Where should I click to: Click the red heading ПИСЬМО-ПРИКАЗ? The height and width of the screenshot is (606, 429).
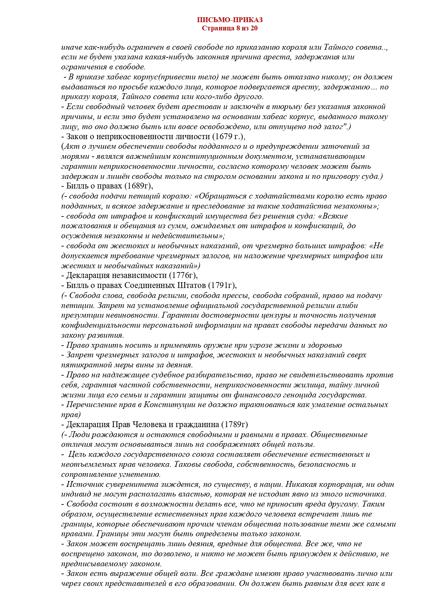230,20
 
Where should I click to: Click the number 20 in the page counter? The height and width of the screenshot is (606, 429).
254,28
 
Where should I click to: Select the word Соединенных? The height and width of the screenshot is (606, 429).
149,286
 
